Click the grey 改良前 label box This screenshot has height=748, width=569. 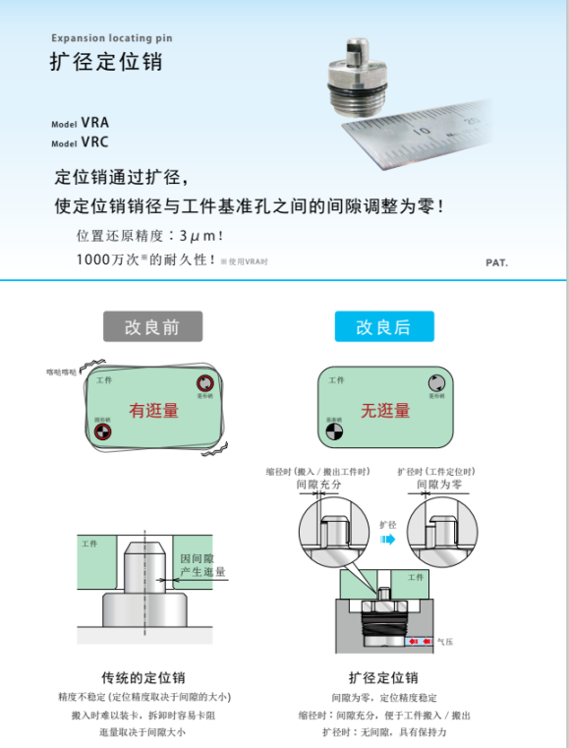[152, 326]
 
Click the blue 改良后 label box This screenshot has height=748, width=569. [384, 326]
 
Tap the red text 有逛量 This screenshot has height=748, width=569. [153, 410]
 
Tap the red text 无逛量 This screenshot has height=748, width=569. [384, 410]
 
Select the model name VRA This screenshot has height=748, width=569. [94, 123]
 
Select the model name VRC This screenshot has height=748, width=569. [94, 142]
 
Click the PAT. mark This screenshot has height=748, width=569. [496, 262]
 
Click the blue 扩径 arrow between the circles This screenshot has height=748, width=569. [387, 540]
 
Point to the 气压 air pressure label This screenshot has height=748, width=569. [445, 642]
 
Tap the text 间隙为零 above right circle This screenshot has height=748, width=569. [439, 485]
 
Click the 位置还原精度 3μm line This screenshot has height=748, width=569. [149, 237]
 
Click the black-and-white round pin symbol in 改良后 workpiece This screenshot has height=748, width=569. [334, 429]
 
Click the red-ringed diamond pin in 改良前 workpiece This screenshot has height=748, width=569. [204, 383]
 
